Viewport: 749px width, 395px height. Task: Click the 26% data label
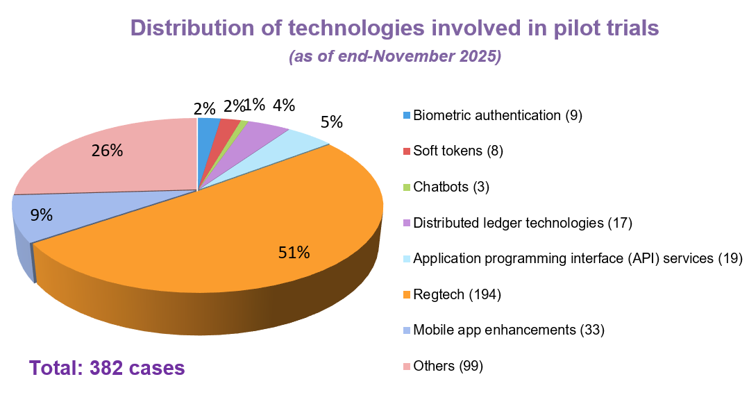coord(108,149)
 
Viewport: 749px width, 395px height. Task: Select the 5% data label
coord(331,122)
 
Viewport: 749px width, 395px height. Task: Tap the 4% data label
coord(283,106)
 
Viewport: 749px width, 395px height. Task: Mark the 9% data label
coord(42,215)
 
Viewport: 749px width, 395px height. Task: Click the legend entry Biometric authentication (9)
coord(497,115)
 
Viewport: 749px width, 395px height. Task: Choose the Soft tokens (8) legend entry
coord(457,151)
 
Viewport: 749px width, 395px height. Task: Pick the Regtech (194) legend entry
coord(457,294)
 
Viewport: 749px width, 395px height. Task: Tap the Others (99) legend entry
coord(448,366)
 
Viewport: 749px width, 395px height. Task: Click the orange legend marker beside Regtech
coord(406,294)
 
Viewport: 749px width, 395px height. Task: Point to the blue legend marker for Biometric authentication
coord(406,115)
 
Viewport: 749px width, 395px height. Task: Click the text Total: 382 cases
coord(107,367)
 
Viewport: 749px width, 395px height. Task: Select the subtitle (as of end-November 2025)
coord(395,57)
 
